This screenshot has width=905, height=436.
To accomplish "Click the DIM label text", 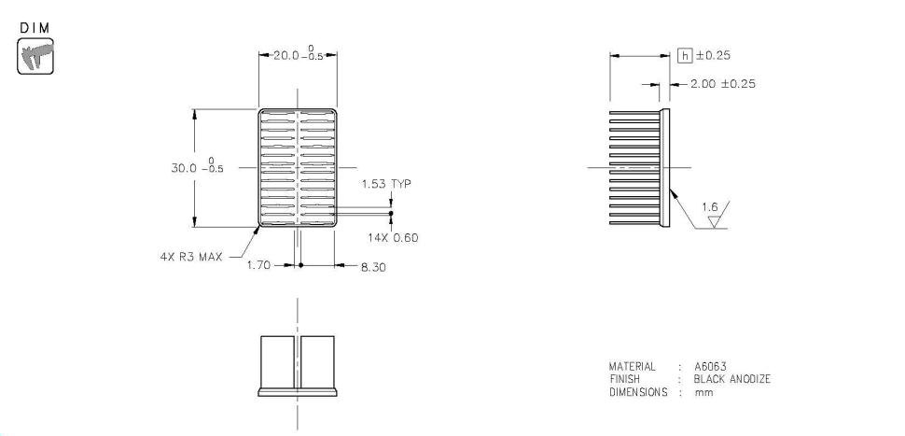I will [35, 29].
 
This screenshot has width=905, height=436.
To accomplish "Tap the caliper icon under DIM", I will [35, 56].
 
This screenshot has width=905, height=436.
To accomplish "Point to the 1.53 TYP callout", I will [386, 184].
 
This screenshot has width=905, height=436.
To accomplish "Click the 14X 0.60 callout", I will [393, 236].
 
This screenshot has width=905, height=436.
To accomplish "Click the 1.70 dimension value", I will [258, 265].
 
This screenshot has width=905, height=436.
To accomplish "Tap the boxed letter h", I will [685, 55].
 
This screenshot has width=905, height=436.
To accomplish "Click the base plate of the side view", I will [666, 167].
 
